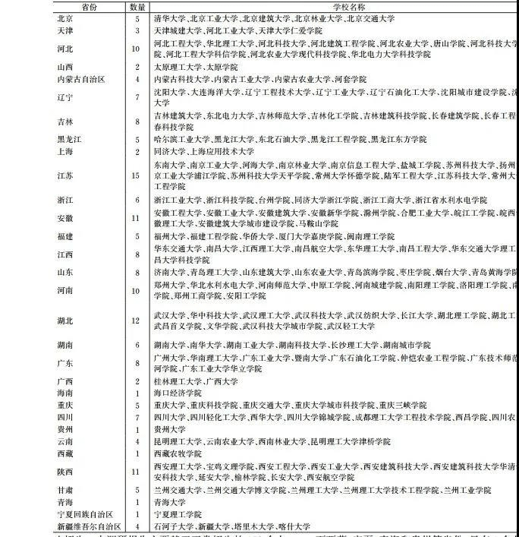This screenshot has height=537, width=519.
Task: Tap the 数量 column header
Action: tap(137, 6)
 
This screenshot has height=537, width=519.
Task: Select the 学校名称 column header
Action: tap(334, 6)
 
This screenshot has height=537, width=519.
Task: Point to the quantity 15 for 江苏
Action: tap(137, 175)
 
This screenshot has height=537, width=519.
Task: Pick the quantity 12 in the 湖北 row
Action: tap(137, 321)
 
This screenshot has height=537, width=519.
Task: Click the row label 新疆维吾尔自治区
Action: tap(89, 526)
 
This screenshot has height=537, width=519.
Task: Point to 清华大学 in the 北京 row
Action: tap(169, 17)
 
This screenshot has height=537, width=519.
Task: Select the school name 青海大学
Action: tap(168, 502)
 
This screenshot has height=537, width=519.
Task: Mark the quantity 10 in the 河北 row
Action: tap(137, 49)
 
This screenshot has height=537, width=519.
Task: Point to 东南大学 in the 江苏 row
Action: tap(168, 164)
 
